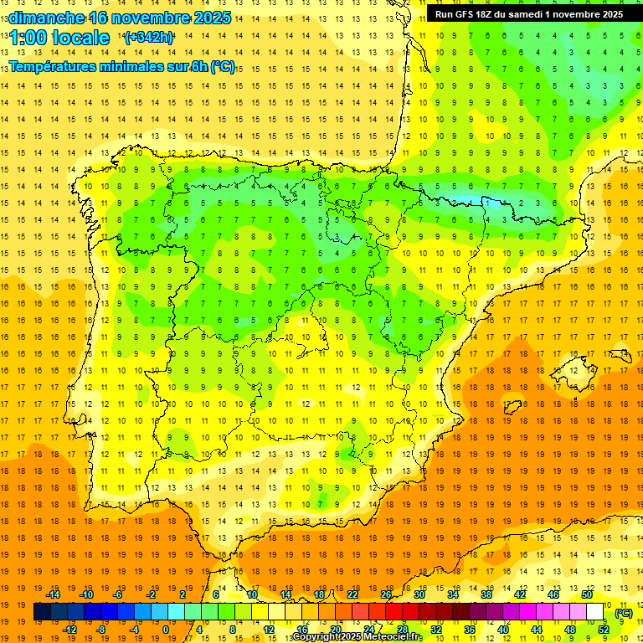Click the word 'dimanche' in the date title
coord(45,17)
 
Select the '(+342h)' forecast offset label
coord(148,38)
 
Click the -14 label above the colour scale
coord(52,594)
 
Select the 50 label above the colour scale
coord(586,594)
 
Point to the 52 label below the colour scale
coord(603,630)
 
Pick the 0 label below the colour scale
coord(166,630)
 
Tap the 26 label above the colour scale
coord(386,594)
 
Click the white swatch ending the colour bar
coord(595,612)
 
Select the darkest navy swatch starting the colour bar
coord(42,612)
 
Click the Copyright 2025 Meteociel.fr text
coord(357,637)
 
